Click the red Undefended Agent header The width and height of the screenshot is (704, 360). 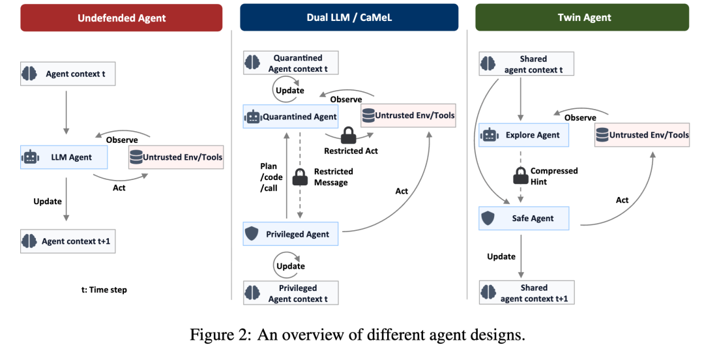[121, 18]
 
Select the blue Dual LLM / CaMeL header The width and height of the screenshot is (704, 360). [349, 18]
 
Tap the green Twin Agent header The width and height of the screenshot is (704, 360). [582, 18]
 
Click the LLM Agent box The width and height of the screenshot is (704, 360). [64, 157]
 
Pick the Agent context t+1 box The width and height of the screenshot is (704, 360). [68, 241]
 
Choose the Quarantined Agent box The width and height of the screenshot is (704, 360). [291, 117]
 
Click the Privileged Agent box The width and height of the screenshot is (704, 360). [291, 233]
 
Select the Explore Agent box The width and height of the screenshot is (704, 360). [523, 135]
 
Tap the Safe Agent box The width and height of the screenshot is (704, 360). [523, 218]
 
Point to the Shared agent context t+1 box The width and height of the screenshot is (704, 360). [527, 293]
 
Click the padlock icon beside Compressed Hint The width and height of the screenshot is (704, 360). [520, 175]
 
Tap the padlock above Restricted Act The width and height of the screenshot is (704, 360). [349, 135]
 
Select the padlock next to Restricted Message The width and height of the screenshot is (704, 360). [300, 177]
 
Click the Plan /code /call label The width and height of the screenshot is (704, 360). [271, 177]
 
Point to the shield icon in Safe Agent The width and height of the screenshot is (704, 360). [488, 218]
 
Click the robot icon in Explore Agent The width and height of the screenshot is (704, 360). [490, 135]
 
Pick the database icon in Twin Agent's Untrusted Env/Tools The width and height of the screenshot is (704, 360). [602, 134]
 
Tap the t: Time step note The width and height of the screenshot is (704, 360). [104, 290]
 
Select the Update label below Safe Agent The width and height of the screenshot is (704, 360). [501, 256]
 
